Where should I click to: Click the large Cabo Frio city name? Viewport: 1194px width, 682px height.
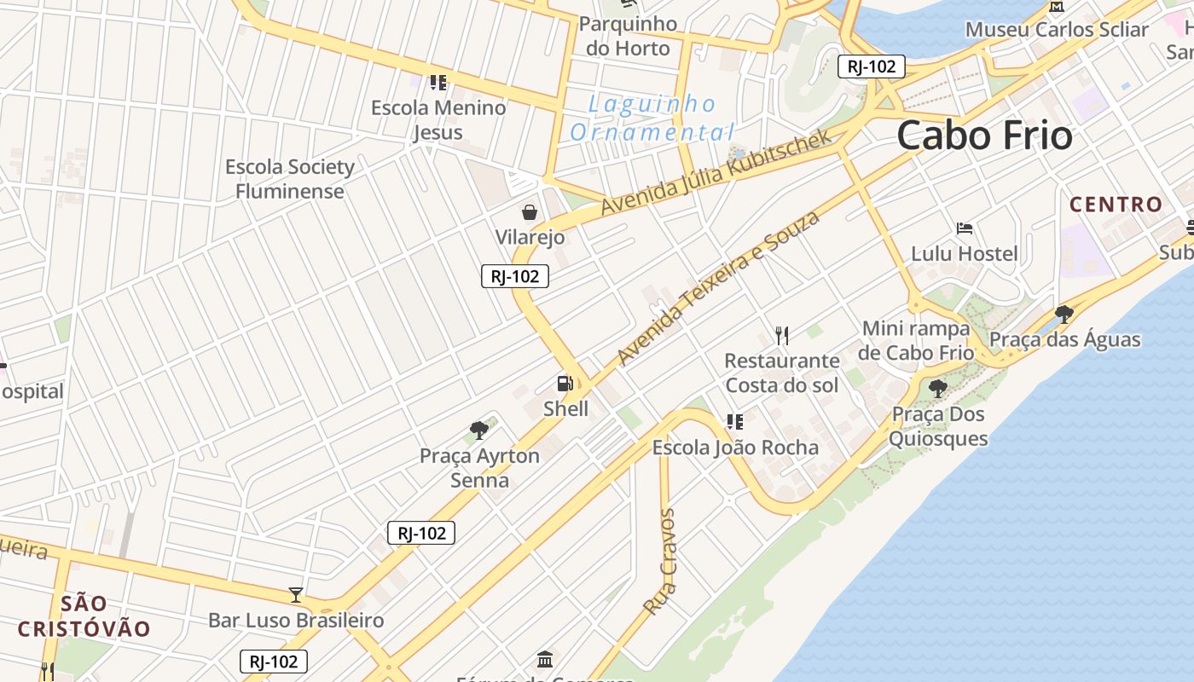(984, 136)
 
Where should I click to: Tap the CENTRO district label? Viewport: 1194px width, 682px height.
(1116, 205)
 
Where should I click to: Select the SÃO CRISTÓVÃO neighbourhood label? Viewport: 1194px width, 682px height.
(84, 616)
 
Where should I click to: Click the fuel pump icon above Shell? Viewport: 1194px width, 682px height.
(565, 384)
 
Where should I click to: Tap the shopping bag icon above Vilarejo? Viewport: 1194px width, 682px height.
(530, 212)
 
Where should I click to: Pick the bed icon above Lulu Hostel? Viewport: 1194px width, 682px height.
(965, 228)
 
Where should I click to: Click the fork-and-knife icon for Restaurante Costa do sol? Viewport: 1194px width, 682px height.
(782, 336)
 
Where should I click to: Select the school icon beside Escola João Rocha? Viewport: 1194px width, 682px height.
(734, 422)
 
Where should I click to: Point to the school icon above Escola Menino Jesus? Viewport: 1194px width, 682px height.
(438, 83)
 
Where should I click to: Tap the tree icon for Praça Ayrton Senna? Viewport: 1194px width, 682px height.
(479, 431)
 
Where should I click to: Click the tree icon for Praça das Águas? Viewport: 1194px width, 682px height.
(1064, 315)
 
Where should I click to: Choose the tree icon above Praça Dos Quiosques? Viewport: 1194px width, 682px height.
(937, 390)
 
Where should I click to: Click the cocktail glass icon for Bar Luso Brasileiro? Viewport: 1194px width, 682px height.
(296, 594)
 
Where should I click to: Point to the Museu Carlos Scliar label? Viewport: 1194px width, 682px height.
(1057, 30)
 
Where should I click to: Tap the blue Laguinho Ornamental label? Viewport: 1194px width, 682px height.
(652, 118)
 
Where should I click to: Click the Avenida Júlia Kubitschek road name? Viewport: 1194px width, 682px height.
(716, 172)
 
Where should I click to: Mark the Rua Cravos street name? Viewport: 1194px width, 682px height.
(660, 563)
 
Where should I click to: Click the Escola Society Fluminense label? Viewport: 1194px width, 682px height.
(290, 178)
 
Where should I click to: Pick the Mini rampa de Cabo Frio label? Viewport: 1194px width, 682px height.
(917, 340)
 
